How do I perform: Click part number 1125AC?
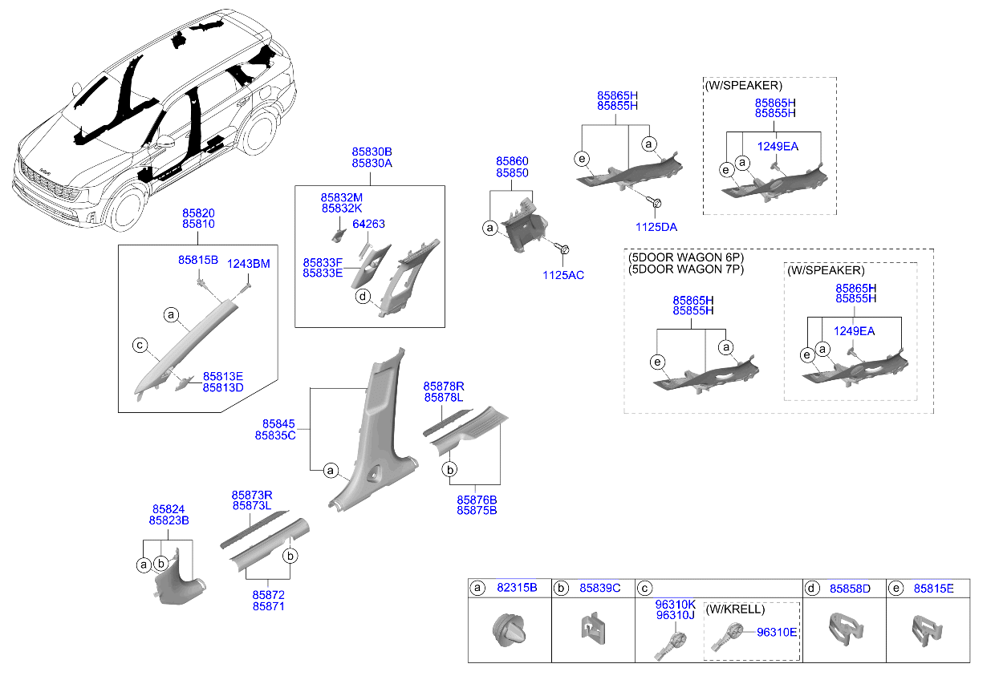tap(563, 275)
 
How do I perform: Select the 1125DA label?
tap(656, 227)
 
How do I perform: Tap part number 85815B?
tap(198, 260)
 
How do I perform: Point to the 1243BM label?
tap(248, 264)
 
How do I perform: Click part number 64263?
tap(368, 225)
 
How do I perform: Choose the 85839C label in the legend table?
tap(599, 588)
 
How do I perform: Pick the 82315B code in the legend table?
tap(517, 588)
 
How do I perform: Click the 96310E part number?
tap(777, 633)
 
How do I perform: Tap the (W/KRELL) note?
tap(735, 609)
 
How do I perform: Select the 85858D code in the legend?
tap(851, 589)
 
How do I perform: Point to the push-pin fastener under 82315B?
tap(510, 629)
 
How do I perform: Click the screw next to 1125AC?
tap(562, 248)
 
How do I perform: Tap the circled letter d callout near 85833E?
tap(363, 296)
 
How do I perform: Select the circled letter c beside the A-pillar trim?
tap(140, 346)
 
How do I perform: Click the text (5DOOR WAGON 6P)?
tap(686, 257)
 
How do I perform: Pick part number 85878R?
tap(444, 387)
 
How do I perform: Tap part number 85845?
tap(278, 424)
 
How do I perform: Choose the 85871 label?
tap(268, 606)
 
